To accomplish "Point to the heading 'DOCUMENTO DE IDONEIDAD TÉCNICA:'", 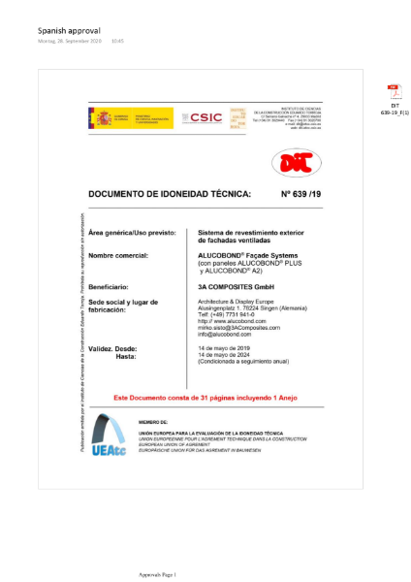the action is point(169,194).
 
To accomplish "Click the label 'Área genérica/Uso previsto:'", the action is point(137,234).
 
